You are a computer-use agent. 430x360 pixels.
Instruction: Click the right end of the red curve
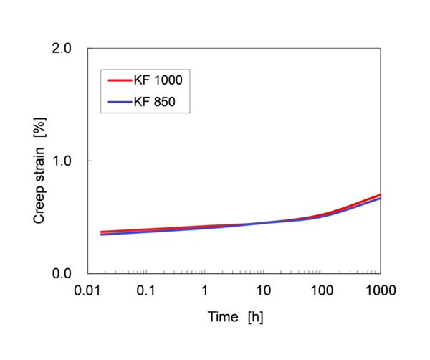(x=379, y=194)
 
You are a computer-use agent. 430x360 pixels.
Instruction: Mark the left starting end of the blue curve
(x=101, y=235)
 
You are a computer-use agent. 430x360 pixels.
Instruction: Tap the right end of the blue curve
(x=379, y=198)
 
